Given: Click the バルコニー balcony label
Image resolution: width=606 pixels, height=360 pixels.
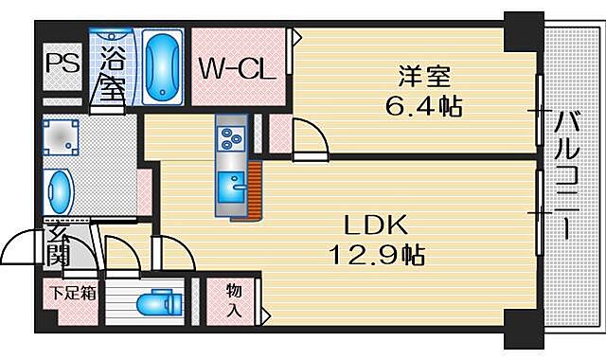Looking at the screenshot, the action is [x=568, y=176].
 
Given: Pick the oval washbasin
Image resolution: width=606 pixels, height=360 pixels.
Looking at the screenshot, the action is [x=60, y=192].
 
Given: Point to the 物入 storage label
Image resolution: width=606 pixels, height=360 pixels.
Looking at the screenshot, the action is [x=234, y=300].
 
